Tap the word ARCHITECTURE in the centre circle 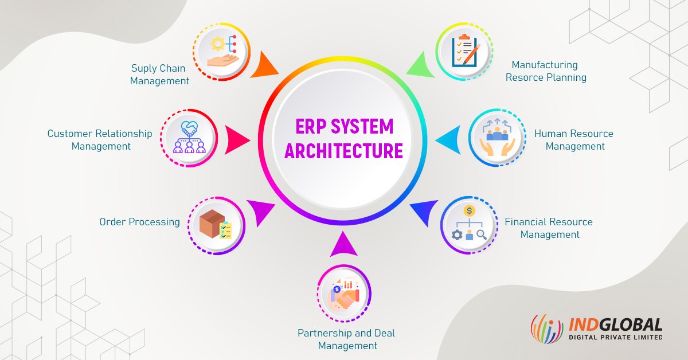[x=343, y=151]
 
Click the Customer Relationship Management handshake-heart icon [x=189, y=138]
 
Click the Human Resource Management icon [x=497, y=138]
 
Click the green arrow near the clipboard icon [x=420, y=64]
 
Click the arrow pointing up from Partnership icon [x=343, y=245]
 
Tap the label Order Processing [x=139, y=222]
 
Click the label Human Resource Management [x=574, y=140]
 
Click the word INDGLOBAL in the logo [x=614, y=325]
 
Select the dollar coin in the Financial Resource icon [x=470, y=211]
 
